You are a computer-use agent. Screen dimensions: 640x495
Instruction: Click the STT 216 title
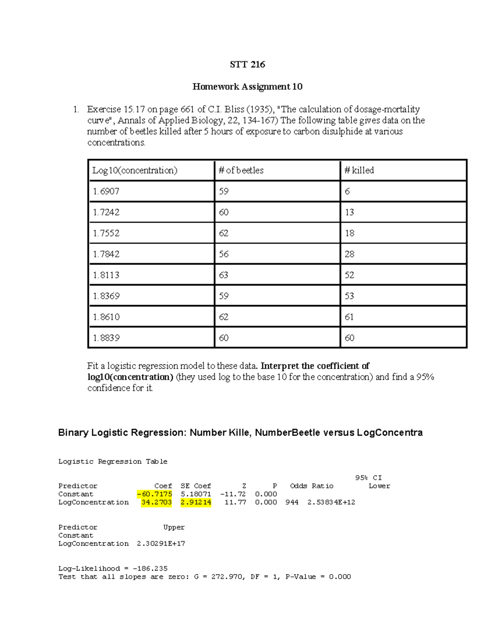click(247, 64)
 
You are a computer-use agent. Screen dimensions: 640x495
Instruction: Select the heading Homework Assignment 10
click(247, 87)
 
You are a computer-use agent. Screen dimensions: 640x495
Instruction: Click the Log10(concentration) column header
click(134, 170)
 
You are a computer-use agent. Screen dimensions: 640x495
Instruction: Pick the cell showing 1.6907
click(106, 191)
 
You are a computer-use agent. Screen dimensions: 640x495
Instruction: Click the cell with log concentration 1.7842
click(106, 254)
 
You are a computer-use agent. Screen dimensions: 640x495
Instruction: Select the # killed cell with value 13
click(349, 212)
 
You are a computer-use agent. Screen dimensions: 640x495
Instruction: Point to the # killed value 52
click(349, 275)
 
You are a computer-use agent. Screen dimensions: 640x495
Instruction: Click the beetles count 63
click(224, 275)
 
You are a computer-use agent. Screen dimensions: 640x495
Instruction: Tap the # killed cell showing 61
click(349, 317)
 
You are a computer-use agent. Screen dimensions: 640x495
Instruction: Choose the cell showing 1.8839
click(106, 338)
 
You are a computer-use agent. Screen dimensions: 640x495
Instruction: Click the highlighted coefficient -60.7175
click(155, 494)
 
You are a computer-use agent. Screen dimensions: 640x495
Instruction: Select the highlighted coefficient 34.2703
click(156, 502)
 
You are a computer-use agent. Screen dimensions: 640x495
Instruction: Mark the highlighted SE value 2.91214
click(196, 502)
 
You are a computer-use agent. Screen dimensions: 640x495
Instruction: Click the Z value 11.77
click(235, 502)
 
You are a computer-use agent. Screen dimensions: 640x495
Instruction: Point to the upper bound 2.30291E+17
click(161, 544)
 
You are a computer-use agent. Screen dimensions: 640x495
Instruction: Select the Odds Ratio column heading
click(311, 486)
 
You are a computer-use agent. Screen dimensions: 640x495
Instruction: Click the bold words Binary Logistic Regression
click(122, 433)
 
